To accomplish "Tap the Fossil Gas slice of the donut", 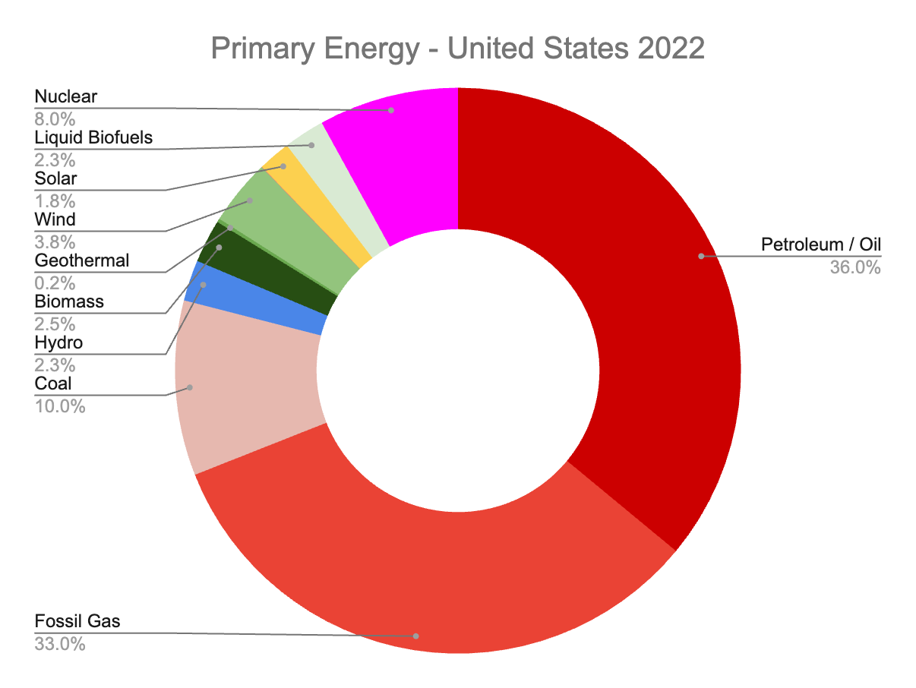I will coord(425,577).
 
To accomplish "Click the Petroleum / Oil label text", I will coord(820,245).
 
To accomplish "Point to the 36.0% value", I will coord(855,267).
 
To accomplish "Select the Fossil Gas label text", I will coord(77,622).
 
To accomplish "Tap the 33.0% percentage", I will coord(60,645).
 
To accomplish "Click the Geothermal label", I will coord(82,260).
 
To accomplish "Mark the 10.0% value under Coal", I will coord(60,406).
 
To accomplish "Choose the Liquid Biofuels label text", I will coord(93,137).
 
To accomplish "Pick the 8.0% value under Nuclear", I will coord(55,119).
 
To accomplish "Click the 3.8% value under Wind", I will coord(55,242).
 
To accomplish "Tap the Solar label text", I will coord(55,178).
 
